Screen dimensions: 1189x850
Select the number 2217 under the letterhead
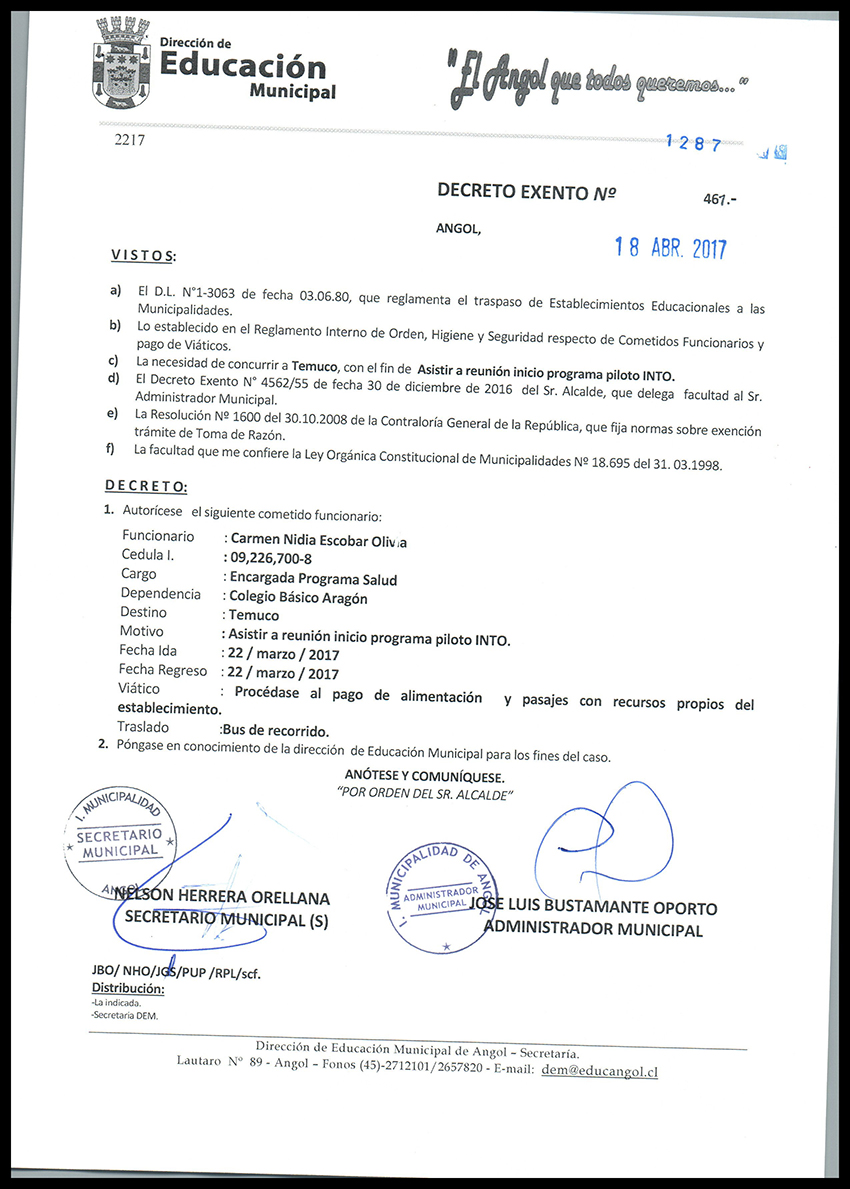pos(130,141)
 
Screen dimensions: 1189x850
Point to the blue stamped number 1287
pos(694,144)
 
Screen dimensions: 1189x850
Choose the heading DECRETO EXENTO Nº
pos(526,192)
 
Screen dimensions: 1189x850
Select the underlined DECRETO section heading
pos(146,486)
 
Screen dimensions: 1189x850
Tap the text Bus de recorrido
pos(276,730)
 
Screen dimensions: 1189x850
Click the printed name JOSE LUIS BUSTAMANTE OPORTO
pos(595,909)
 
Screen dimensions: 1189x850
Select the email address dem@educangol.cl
pos(598,1070)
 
